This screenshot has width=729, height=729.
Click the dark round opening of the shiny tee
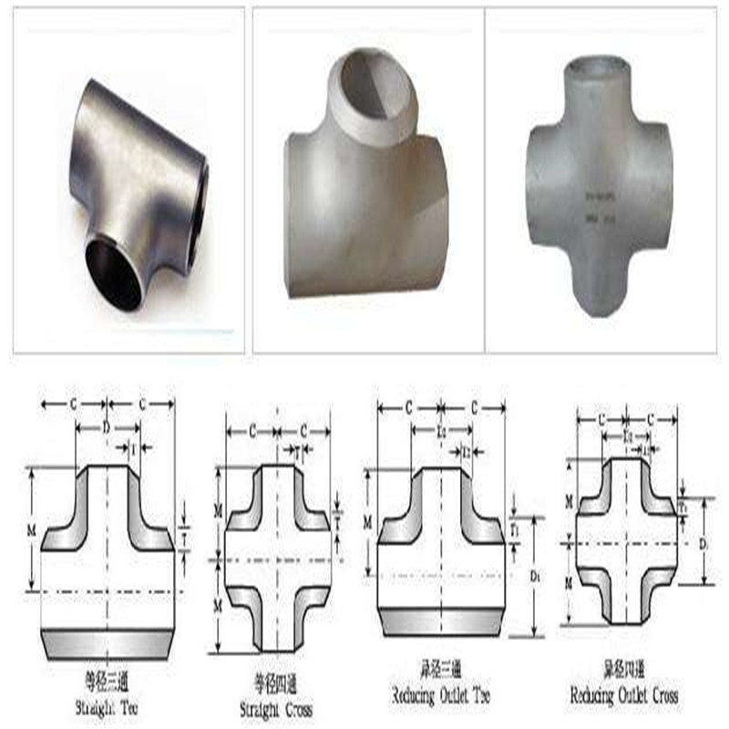(x=114, y=272)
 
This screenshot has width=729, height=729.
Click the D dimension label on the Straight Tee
(x=107, y=426)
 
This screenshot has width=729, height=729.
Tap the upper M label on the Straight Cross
(x=218, y=513)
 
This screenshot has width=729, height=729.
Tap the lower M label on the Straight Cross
(x=218, y=605)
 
